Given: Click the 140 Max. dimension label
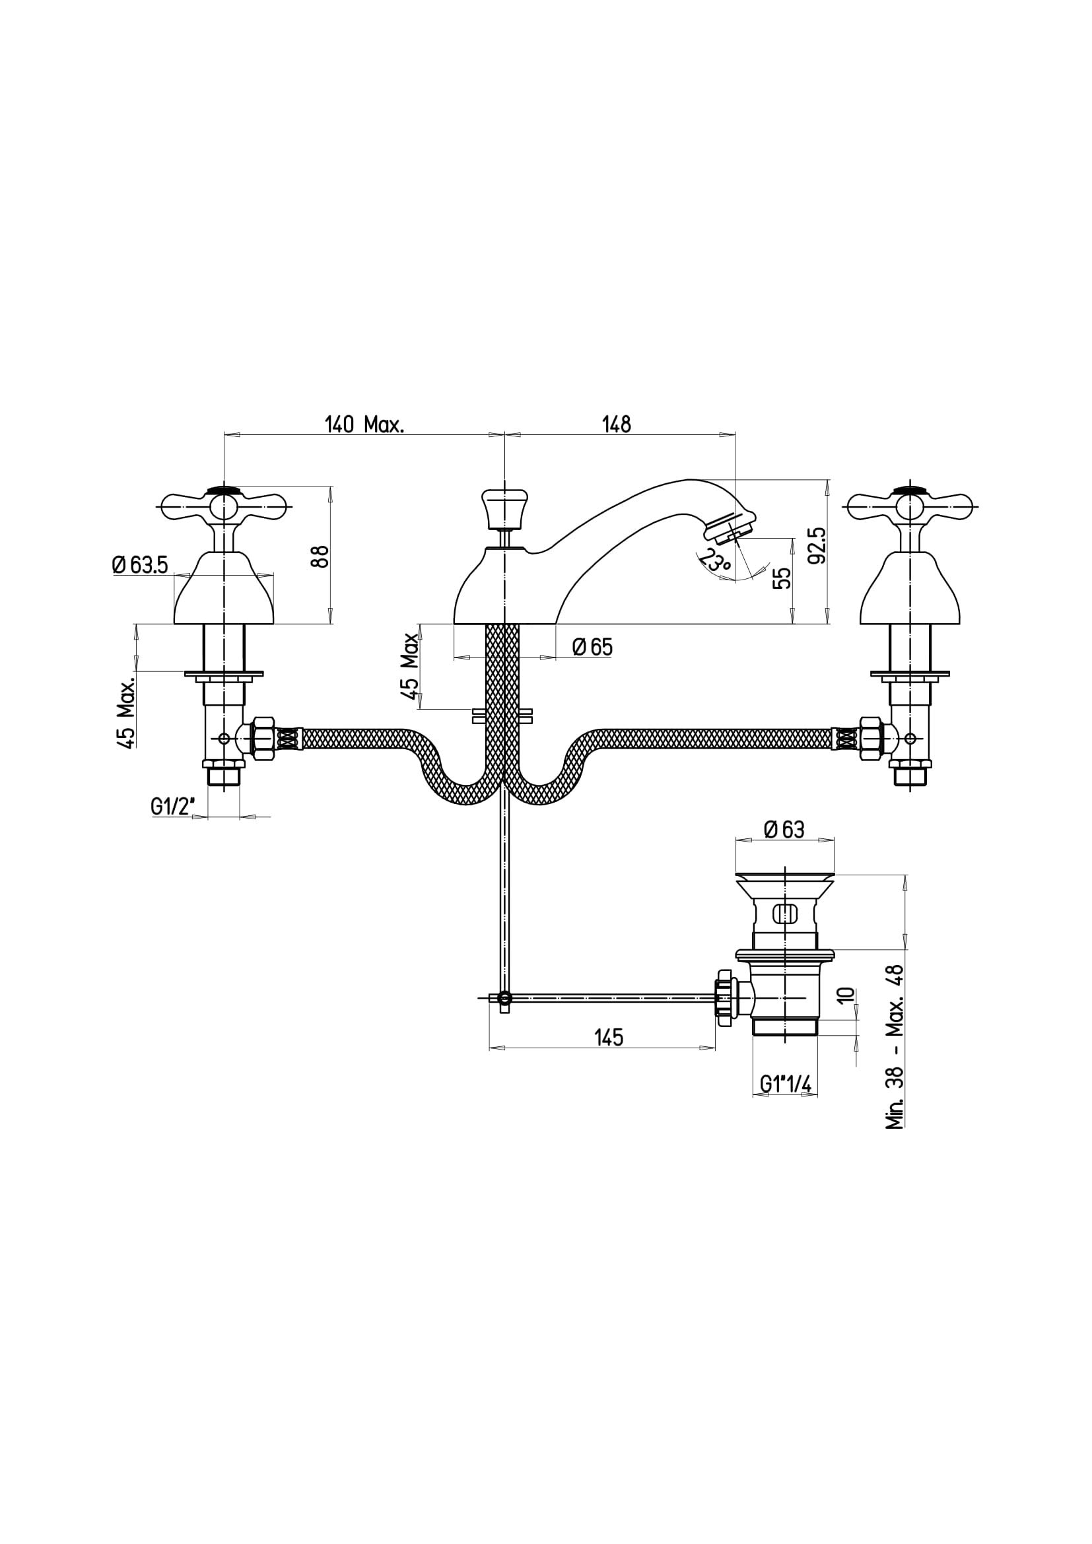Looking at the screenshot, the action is (364, 424).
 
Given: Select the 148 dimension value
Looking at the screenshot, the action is (617, 424).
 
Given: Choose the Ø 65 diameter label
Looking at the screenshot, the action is (592, 647).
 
